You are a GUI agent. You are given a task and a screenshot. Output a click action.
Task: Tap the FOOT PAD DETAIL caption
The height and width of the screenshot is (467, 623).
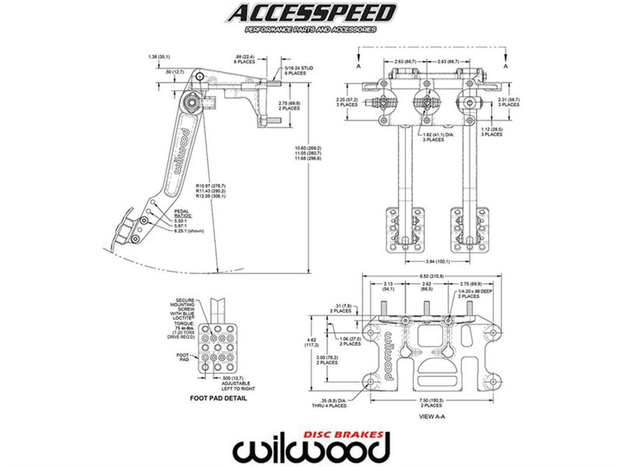coord(218,399)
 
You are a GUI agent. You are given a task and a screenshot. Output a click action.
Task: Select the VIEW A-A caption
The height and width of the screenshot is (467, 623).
coord(431,416)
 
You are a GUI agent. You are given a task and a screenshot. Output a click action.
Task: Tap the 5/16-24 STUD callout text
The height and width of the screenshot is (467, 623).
coord(298,70)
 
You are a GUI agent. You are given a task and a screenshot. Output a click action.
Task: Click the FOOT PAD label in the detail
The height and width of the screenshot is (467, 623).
coord(183,357)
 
